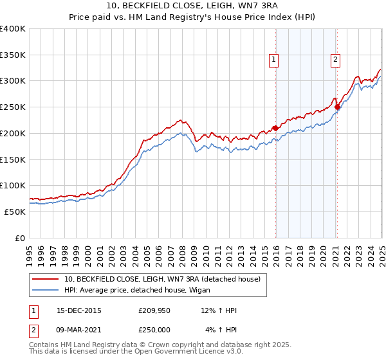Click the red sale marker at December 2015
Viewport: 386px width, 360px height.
(275, 128)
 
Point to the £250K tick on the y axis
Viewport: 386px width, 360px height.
(13, 107)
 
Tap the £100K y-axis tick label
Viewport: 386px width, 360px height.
(13, 185)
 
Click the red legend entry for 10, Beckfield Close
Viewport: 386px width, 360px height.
(161, 279)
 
